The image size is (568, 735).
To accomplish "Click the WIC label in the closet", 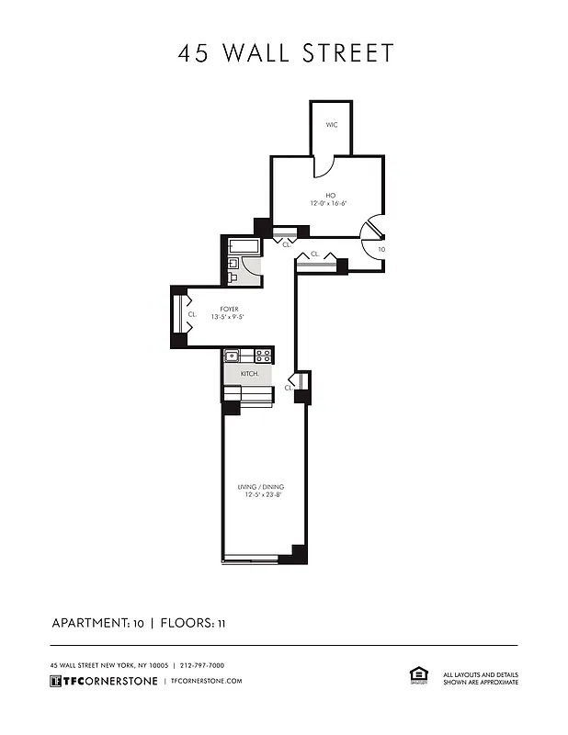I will point(332,124).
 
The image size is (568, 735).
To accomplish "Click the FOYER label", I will point(230,310).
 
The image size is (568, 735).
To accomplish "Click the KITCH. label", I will point(250,375).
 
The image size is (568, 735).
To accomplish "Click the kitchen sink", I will point(233,356).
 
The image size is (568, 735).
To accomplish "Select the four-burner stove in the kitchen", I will point(263,356).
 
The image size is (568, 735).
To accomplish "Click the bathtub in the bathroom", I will point(244,245).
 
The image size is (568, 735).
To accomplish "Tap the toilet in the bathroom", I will point(233,274).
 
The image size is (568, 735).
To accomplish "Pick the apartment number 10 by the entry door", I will point(381,249).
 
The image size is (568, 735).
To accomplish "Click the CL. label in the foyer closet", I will point(192,314).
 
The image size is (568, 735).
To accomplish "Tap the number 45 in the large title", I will point(193,53).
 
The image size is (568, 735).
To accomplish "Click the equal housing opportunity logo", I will point(419,676).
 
